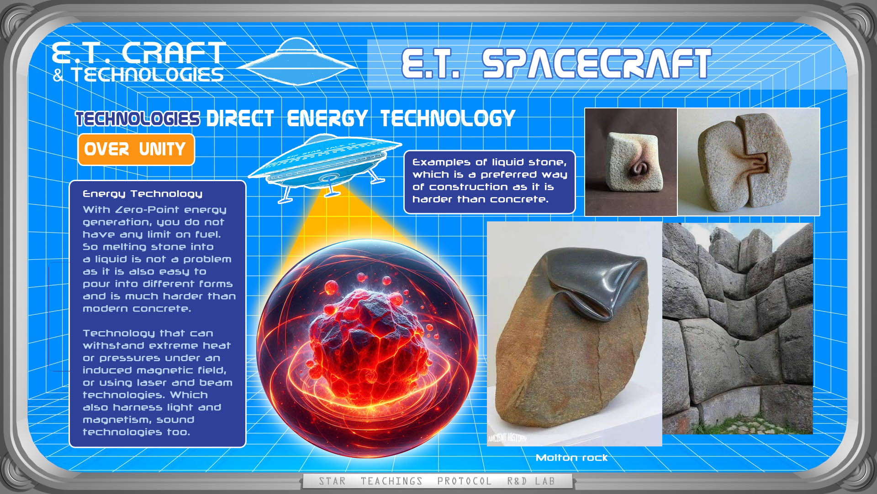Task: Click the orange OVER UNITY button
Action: (136, 150)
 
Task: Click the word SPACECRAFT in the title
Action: (597, 64)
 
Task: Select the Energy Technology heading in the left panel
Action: (143, 194)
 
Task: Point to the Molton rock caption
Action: (571, 458)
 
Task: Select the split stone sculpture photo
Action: (749, 162)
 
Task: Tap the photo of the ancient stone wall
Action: (738, 328)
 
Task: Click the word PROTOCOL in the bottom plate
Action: (465, 481)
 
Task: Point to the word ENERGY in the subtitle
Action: (327, 118)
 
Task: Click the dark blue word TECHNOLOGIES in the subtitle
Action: (137, 118)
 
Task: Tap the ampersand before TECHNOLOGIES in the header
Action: (58, 75)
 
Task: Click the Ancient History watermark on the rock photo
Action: (507, 438)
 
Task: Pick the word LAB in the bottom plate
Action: (545, 481)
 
